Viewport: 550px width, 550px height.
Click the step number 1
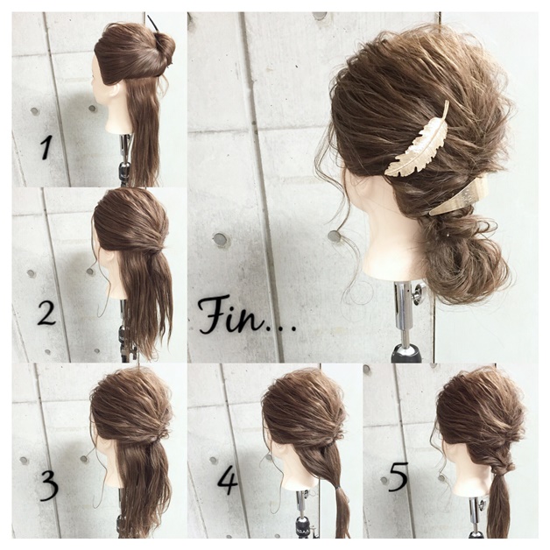(46, 147)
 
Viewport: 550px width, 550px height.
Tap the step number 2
(46, 312)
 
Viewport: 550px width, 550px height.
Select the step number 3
(48, 486)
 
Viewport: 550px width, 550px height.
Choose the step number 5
(398, 477)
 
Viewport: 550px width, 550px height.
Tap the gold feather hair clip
(418, 139)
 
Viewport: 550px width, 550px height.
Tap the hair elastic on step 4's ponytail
(337, 488)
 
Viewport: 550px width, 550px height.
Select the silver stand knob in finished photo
(418, 293)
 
